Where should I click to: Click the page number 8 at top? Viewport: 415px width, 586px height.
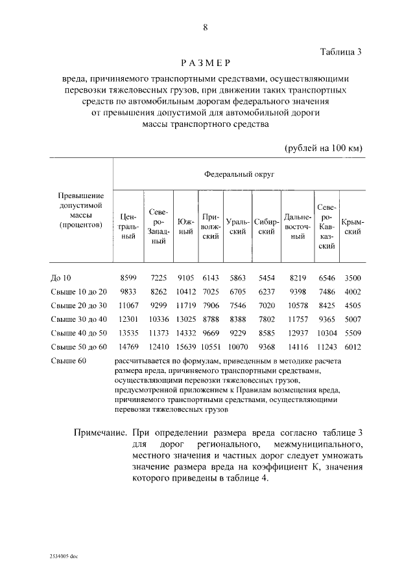point(206,27)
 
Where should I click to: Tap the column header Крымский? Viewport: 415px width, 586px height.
point(352,227)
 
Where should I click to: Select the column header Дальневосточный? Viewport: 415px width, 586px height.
point(298,227)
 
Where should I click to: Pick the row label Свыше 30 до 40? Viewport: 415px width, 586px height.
point(78,319)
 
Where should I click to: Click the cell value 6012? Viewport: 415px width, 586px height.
point(352,347)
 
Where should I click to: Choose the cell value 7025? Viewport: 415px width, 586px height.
point(211,291)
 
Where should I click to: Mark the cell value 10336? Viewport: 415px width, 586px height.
point(158,319)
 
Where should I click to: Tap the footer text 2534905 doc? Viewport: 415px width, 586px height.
point(64,556)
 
